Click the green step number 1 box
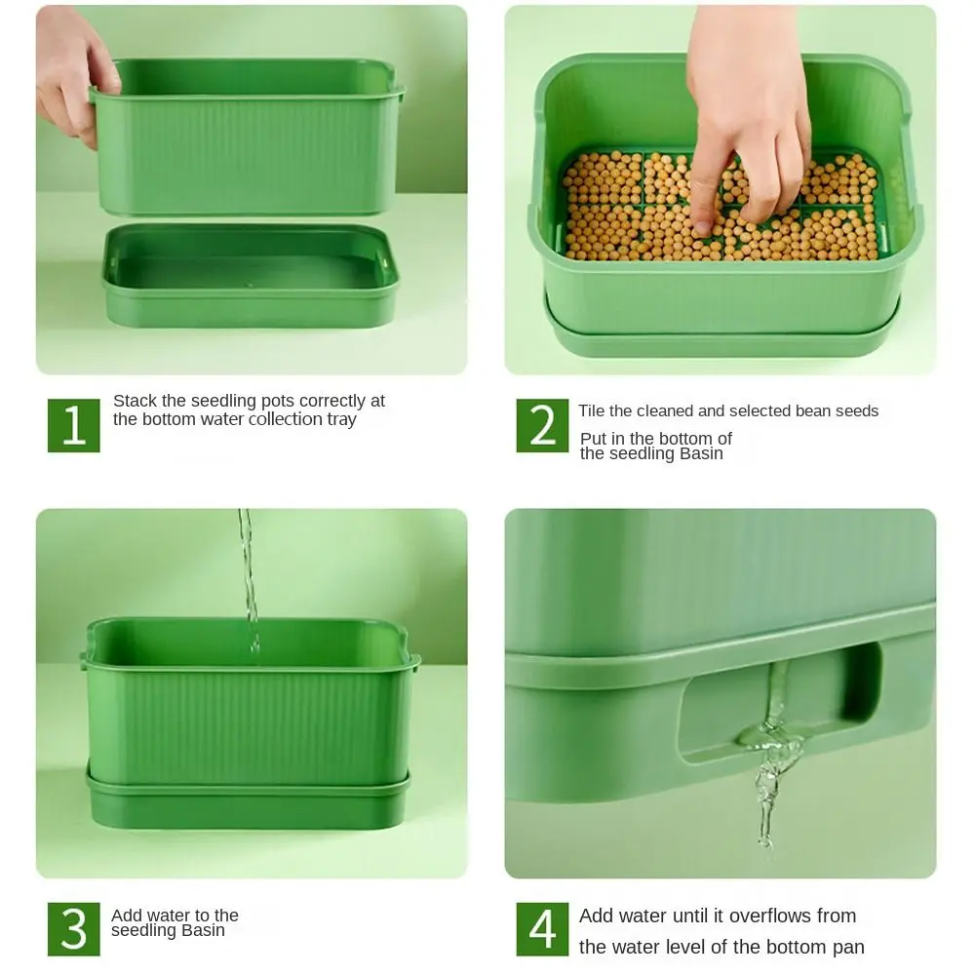74,425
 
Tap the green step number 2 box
542,425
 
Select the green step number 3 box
74,928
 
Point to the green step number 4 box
542,928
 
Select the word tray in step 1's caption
341,420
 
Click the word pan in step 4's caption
848,947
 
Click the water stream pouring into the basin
249,575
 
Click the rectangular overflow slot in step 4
780,702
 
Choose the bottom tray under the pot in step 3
249,799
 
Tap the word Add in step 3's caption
127,916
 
